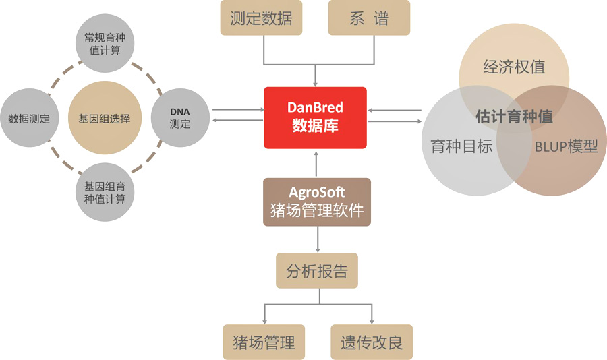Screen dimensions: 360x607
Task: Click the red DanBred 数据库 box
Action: pyautogui.click(x=315, y=117)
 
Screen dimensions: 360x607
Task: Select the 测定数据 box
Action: pyautogui.click(x=261, y=19)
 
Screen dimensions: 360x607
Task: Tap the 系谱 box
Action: pyautogui.click(x=369, y=19)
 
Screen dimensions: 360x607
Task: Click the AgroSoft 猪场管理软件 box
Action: pyautogui.click(x=316, y=202)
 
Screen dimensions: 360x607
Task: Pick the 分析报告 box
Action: pyautogui.click(x=316, y=271)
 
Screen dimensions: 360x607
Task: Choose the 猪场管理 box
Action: pyautogui.click(x=264, y=342)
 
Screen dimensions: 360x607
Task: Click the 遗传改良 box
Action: pyautogui.click(x=371, y=342)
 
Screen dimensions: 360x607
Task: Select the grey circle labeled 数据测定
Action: pyautogui.click(x=29, y=119)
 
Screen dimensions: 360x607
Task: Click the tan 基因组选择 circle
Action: pyautogui.click(x=104, y=119)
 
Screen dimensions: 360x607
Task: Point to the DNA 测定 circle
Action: pyautogui.click(x=180, y=119)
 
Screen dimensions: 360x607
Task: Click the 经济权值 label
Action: pyautogui.click(x=514, y=67)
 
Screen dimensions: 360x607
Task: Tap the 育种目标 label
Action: pyautogui.click(x=461, y=146)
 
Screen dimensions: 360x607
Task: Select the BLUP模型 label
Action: pyautogui.click(x=566, y=146)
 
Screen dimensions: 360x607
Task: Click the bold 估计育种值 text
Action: pyautogui.click(x=514, y=116)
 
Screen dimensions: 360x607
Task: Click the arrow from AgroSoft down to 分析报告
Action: pyautogui.click(x=316, y=239)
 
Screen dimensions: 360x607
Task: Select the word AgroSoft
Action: pyautogui.click(x=316, y=193)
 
